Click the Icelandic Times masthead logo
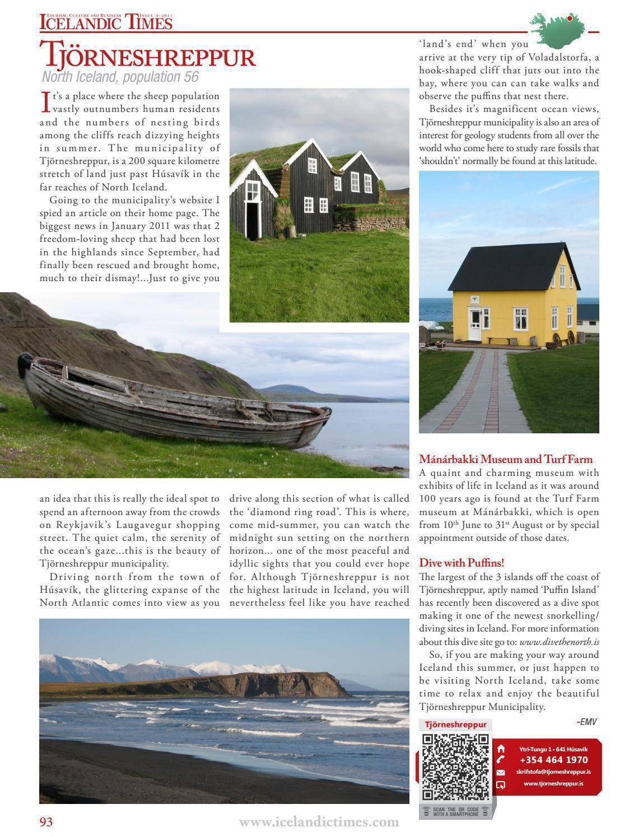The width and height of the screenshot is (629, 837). point(106,22)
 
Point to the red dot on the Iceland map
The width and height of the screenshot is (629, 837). point(570,18)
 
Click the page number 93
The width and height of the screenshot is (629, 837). point(46,821)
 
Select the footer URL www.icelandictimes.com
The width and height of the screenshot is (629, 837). point(319,822)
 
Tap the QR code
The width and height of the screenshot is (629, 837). point(455,766)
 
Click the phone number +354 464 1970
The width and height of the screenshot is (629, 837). point(553,760)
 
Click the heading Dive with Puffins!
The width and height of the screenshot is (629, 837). point(462,563)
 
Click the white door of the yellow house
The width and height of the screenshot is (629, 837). point(475,324)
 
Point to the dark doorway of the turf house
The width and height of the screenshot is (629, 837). point(253,219)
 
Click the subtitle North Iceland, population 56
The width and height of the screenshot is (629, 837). point(120,78)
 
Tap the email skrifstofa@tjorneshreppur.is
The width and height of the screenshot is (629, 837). point(553,771)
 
